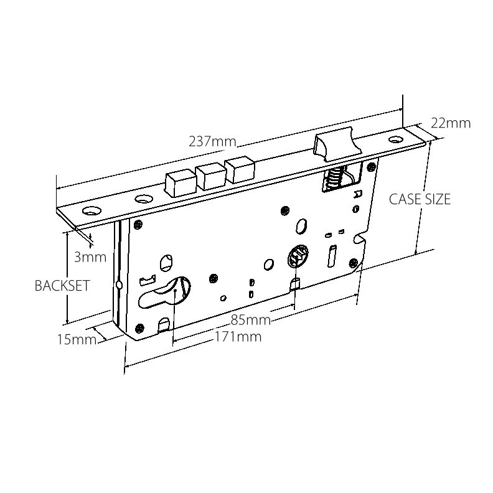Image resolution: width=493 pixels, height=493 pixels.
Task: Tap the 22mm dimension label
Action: pos(450,123)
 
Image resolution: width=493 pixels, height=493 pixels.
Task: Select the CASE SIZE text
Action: pos(420,199)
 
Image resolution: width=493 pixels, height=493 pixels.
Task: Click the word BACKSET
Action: pos(62,286)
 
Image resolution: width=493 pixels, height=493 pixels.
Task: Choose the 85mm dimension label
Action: pos(250,321)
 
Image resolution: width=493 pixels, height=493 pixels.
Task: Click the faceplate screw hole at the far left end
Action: pos(93,211)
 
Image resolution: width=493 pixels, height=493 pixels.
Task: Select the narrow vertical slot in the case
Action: pos(331,255)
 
